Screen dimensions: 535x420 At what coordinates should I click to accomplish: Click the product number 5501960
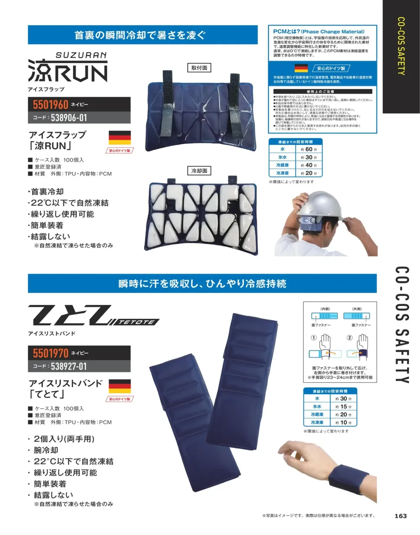pos(50,104)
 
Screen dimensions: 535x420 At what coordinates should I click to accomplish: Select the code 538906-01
pos(69,118)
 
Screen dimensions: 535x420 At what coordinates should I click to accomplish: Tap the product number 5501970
pos(50,353)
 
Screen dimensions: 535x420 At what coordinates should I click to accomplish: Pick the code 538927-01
pos(69,366)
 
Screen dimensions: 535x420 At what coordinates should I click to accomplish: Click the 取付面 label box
pos(199,68)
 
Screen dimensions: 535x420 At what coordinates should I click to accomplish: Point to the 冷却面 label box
pos(199,171)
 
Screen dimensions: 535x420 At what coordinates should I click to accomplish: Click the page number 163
pos(401,516)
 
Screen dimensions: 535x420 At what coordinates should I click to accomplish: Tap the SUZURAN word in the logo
pos(81,55)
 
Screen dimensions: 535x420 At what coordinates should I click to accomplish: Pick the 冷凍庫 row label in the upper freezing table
pos(282,173)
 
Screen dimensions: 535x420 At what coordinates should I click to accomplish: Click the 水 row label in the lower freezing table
pos(317,399)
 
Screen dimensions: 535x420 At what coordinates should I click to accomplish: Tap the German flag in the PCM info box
pos(301,68)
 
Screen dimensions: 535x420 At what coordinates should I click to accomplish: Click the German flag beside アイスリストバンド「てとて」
pos(120,386)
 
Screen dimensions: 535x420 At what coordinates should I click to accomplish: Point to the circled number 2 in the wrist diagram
pos(349,337)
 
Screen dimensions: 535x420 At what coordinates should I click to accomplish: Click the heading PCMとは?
pos(286,32)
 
